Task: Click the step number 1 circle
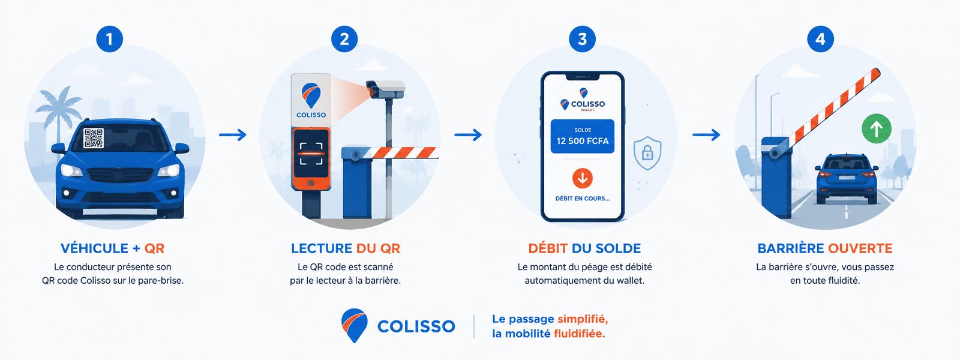[x=109, y=39]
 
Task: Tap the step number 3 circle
[x=583, y=39]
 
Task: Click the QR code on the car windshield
[x=94, y=138]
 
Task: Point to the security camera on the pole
[x=385, y=89]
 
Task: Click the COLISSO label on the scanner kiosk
[x=311, y=115]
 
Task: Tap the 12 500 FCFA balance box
[x=583, y=136]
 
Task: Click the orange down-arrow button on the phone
[x=583, y=178]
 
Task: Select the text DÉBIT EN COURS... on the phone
[x=583, y=199]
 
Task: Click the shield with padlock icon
[x=647, y=152]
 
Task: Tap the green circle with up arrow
[x=877, y=128]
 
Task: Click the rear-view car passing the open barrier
[x=847, y=178]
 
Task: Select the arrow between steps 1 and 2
[x=233, y=135]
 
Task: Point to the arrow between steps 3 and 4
[x=706, y=135]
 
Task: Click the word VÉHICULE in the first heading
[x=94, y=248]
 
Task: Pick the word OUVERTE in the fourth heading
[x=860, y=248]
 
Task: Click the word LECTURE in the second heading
[x=322, y=248]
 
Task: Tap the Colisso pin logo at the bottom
[x=354, y=325]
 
